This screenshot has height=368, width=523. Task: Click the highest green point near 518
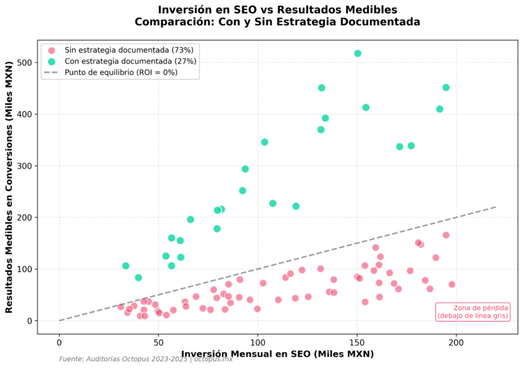point(358,53)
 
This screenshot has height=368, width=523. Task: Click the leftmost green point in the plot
point(125,266)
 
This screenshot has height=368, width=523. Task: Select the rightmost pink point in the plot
point(451,284)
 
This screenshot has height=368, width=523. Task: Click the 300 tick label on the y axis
point(25,166)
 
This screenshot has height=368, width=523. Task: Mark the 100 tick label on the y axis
point(25,269)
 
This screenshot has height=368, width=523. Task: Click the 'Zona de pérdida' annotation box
point(473,311)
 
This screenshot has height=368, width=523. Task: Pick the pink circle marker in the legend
point(52,50)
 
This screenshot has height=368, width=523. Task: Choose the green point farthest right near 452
point(446,87)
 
